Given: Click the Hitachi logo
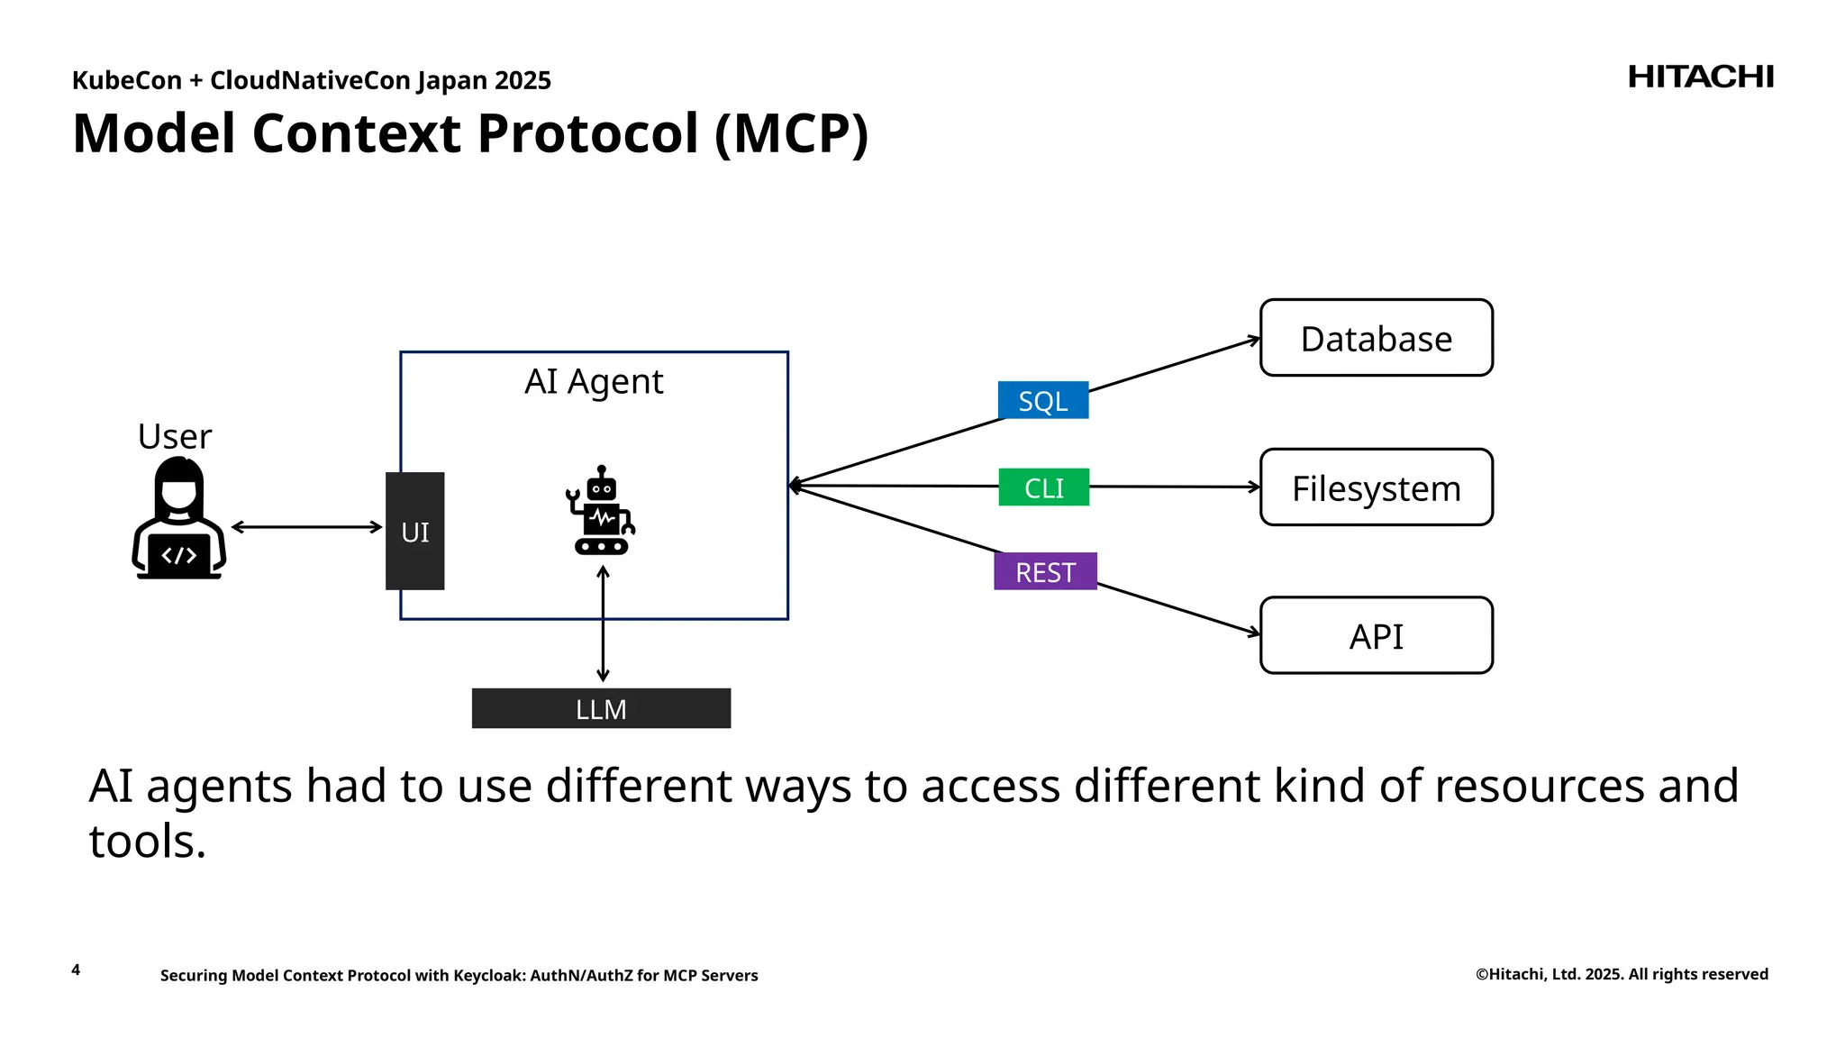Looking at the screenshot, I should pyautogui.click(x=1700, y=77).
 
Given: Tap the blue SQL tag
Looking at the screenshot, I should pyautogui.click(x=1042, y=401).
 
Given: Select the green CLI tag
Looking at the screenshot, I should pyautogui.click(x=1043, y=487).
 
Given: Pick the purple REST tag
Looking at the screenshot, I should pyautogui.click(x=1045, y=572).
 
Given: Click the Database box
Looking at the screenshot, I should pyautogui.click(x=1376, y=338).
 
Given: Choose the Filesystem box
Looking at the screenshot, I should pyautogui.click(x=1376, y=487).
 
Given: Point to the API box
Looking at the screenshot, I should pyautogui.click(x=1376, y=636).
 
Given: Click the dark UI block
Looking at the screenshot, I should pyautogui.click(x=414, y=532).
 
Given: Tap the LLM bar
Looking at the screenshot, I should pyautogui.click(x=601, y=709).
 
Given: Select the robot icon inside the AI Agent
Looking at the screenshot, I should pyautogui.click(x=601, y=511).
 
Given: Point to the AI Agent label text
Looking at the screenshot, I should pyautogui.click(x=594, y=382).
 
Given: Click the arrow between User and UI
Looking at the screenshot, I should pyautogui.click(x=307, y=527).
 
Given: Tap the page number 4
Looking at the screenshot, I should pyautogui.click(x=76, y=970).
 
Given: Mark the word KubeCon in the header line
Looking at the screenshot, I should pyautogui.click(x=126, y=81).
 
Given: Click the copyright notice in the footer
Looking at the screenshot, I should pyautogui.click(x=1621, y=974).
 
